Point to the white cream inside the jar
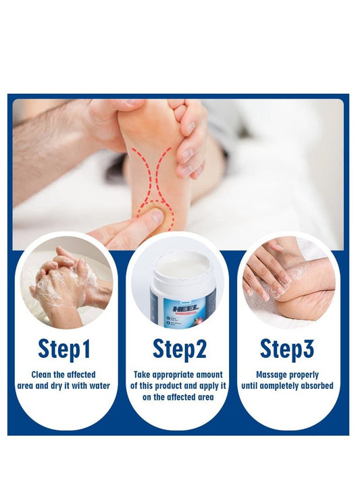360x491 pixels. point(180,267)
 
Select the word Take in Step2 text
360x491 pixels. point(143,374)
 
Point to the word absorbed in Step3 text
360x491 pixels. point(319,386)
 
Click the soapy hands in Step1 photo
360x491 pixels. point(64,284)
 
